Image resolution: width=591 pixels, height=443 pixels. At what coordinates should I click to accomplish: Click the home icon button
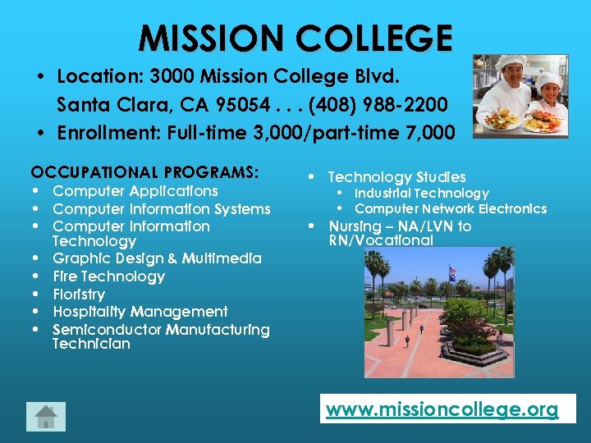[45, 417]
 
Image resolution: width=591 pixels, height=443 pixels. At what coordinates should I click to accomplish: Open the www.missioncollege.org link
[442, 409]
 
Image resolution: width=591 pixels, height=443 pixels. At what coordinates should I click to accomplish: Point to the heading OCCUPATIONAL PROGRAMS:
[144, 172]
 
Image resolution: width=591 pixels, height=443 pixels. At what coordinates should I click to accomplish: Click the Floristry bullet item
[79, 294]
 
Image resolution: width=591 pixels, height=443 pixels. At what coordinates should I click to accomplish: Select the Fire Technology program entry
[108, 276]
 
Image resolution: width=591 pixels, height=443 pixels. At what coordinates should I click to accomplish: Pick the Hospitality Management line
[140, 312]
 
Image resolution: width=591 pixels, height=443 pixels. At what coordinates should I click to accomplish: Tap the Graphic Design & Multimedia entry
[157, 258]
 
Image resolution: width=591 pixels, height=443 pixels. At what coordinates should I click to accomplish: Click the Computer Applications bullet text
[135, 191]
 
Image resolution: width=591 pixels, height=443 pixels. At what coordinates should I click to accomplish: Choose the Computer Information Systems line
[161, 209]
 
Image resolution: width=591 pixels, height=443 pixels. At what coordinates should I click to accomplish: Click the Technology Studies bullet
[396, 177]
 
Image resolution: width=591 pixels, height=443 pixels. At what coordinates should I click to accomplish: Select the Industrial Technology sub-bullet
[421, 194]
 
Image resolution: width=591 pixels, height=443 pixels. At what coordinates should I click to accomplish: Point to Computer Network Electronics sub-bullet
[450, 209]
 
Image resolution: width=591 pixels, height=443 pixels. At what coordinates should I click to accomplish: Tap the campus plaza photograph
[439, 313]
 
